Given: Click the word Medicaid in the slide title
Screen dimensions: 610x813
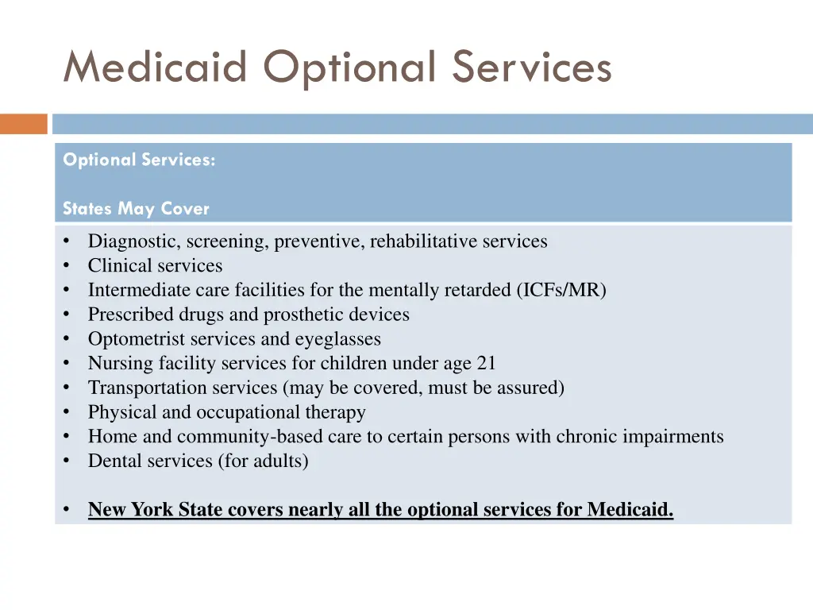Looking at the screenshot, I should (x=156, y=67).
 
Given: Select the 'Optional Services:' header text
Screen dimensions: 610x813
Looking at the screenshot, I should (x=139, y=160).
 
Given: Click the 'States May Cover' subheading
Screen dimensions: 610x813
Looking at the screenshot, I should (x=136, y=209).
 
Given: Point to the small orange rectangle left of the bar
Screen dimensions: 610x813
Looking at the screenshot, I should (x=24, y=124).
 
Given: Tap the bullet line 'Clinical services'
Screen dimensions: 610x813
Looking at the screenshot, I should (x=155, y=266).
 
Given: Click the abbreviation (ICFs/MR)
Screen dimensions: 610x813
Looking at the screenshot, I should (x=561, y=290).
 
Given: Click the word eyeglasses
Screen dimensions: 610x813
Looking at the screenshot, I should (x=337, y=339).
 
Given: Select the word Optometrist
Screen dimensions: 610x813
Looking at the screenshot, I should (x=135, y=339).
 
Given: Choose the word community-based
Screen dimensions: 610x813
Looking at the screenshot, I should (x=245, y=437).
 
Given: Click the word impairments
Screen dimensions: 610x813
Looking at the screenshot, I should (x=676, y=437).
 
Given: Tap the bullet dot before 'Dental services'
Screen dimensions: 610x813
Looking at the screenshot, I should (x=68, y=461).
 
